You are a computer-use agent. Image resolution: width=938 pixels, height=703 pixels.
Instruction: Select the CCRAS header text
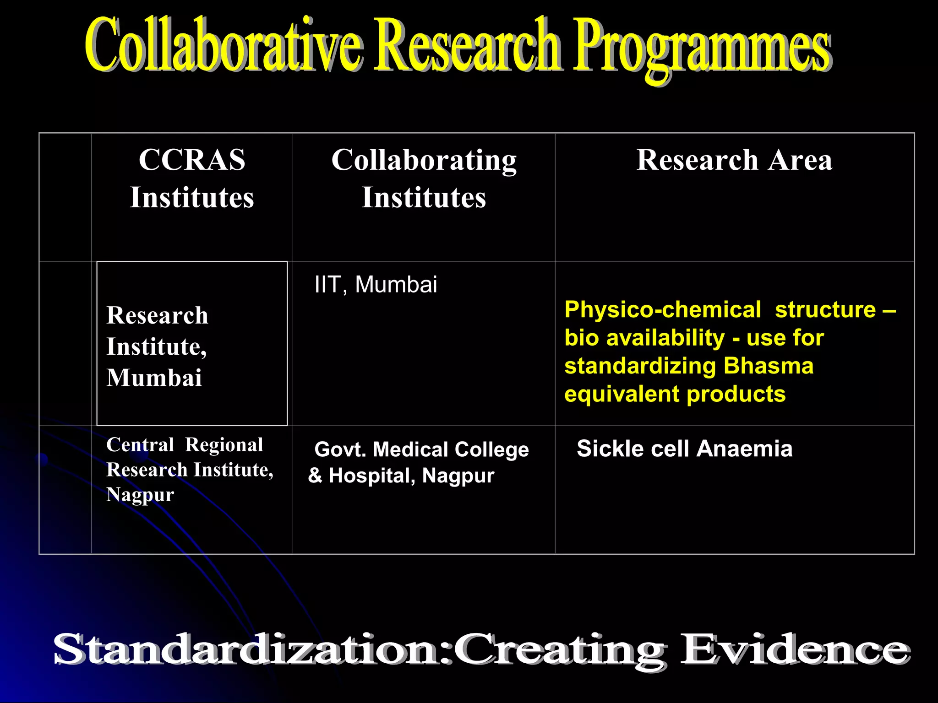(x=192, y=160)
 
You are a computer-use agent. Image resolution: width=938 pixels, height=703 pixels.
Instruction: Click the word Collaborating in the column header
(x=424, y=161)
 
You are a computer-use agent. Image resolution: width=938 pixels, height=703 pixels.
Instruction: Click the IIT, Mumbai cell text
(x=376, y=285)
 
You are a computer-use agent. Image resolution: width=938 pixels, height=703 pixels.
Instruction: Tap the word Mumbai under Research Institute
(x=154, y=378)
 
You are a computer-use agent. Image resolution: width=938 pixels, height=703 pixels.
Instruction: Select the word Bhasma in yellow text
(x=769, y=366)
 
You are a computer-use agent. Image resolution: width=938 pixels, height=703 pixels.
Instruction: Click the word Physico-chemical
(x=662, y=310)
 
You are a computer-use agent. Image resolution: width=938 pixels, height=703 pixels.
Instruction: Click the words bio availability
(x=644, y=338)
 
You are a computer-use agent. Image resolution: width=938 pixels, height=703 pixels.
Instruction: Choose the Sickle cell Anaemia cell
(x=684, y=449)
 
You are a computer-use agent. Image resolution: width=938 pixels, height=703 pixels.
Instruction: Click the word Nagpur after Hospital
(x=458, y=476)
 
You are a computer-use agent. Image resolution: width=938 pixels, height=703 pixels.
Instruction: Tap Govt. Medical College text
(x=421, y=449)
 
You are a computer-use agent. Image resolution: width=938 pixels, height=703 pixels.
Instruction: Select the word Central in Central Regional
(x=140, y=445)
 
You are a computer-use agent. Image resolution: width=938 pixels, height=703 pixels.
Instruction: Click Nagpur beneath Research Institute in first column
(x=140, y=495)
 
